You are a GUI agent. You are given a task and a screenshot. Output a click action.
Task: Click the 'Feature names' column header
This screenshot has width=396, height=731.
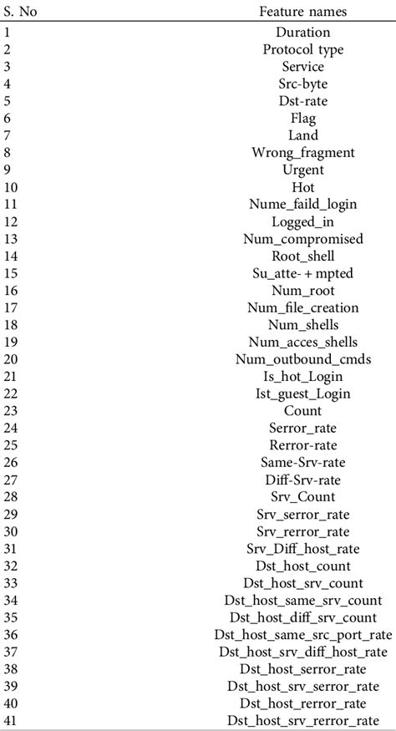(x=302, y=12)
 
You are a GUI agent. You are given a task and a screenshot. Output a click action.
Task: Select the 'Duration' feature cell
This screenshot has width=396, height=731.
(x=302, y=33)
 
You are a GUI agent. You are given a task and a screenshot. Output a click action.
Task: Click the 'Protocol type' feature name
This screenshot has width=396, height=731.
(x=302, y=50)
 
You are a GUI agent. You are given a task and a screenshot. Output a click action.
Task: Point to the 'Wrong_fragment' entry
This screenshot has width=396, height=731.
(x=302, y=153)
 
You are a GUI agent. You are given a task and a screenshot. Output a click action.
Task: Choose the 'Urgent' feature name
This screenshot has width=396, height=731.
(x=302, y=170)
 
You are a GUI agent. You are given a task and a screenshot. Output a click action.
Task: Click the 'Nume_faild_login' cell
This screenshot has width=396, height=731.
(x=302, y=205)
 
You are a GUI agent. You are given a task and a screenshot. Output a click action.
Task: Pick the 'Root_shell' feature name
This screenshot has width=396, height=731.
(x=302, y=256)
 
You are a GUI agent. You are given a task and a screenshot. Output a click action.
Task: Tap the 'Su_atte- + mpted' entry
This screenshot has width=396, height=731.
(x=302, y=274)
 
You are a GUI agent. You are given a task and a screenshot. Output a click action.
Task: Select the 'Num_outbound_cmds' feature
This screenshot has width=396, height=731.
(x=302, y=360)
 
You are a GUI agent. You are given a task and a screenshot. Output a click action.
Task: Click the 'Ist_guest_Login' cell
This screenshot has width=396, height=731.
(x=302, y=394)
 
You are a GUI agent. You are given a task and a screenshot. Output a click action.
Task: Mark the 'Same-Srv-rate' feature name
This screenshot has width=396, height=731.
(x=302, y=463)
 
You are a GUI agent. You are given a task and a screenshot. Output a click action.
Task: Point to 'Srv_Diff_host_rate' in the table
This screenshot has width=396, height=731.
(x=302, y=549)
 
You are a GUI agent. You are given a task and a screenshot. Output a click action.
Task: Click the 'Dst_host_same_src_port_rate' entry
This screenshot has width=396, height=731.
(x=302, y=635)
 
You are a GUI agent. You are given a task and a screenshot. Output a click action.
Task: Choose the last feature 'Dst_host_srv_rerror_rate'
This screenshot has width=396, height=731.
(x=302, y=721)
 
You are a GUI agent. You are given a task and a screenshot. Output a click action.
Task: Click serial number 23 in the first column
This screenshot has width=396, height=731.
(x=10, y=411)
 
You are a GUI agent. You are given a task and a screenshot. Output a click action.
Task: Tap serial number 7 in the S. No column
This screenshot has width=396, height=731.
(x=7, y=136)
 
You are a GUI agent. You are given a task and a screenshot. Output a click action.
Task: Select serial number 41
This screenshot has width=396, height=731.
(x=10, y=721)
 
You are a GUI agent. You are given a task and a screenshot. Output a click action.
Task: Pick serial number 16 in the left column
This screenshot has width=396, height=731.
(x=10, y=291)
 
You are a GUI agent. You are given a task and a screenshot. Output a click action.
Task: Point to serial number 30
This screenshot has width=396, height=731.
(x=10, y=531)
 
